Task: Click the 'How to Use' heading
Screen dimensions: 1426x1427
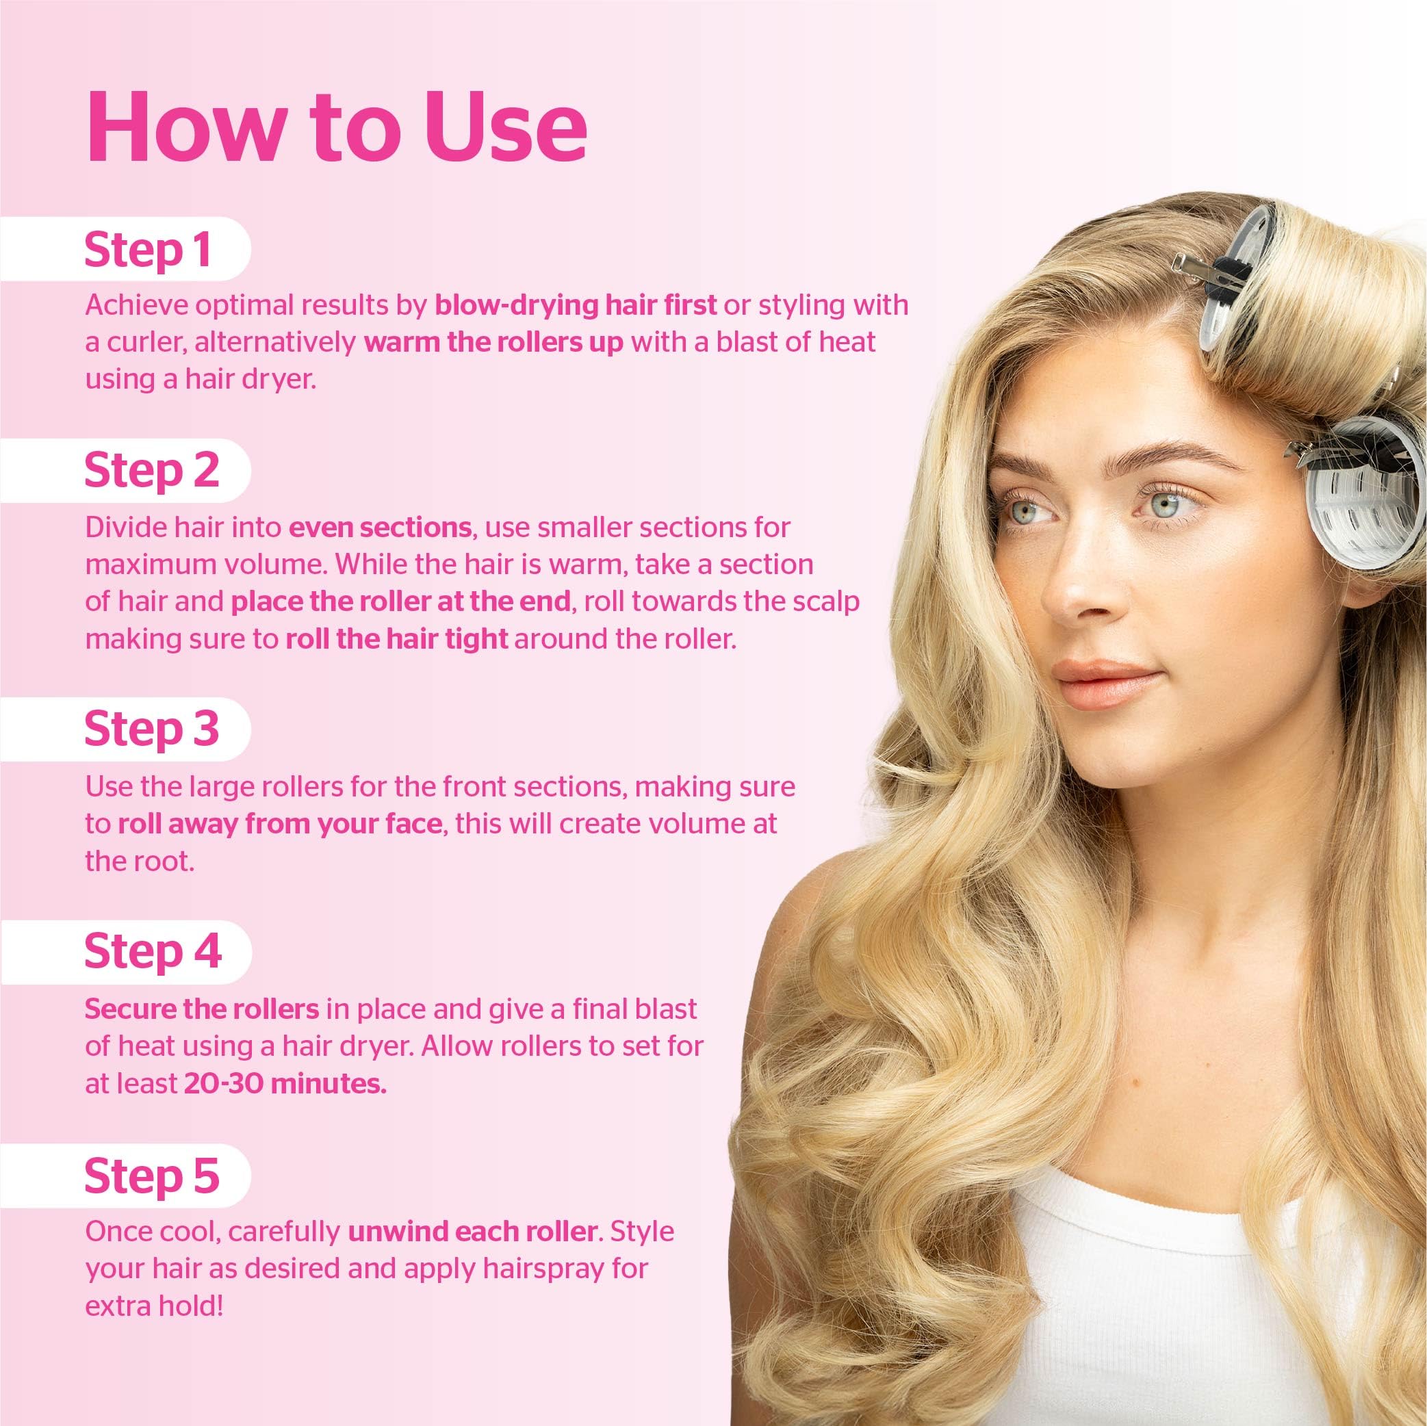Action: click(x=336, y=127)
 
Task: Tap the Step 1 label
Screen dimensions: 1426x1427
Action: click(x=148, y=250)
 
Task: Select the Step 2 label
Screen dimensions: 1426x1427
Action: click(x=151, y=470)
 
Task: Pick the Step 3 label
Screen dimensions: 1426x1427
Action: click(x=151, y=728)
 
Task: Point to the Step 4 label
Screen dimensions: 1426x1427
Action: click(x=152, y=951)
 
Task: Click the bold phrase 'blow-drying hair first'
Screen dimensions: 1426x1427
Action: click(x=576, y=305)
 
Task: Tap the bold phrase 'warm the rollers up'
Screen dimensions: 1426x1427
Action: click(x=493, y=343)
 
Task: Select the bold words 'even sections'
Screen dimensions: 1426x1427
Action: click(x=380, y=528)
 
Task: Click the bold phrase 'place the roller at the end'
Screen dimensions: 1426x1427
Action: click(x=400, y=602)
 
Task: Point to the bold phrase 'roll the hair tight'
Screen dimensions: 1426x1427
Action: click(x=397, y=639)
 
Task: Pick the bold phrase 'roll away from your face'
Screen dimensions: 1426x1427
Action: click(x=279, y=823)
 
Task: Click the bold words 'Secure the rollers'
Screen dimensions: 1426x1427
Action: click(x=202, y=1009)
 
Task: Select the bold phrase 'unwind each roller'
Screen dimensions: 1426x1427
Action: click(x=472, y=1231)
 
